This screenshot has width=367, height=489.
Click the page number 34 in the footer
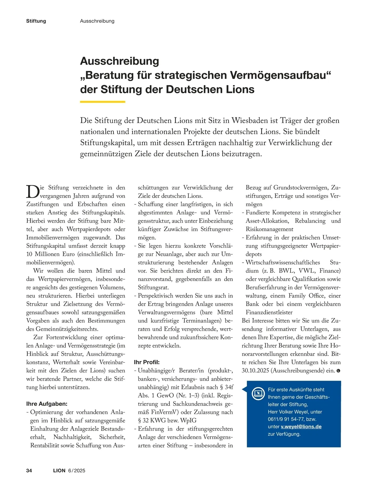[29, 470]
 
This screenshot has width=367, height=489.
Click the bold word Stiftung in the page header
[36, 21]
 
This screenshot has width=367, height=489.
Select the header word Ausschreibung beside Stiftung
[97, 21]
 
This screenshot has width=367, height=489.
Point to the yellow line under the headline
[103, 102]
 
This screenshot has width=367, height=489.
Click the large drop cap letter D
[32, 192]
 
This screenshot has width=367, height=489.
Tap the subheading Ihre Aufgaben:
[47, 404]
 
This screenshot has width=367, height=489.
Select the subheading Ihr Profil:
[147, 362]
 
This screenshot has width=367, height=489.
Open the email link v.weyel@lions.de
[301, 426]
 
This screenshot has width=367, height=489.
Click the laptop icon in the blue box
[258, 393]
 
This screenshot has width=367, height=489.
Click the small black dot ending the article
[338, 371]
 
